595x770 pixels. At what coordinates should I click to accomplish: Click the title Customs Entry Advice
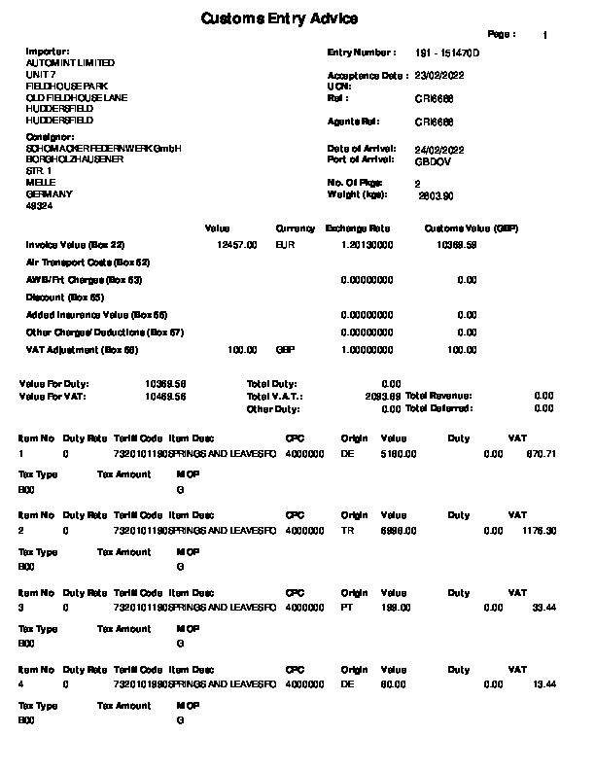(279, 19)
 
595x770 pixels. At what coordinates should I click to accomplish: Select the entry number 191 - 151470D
(447, 52)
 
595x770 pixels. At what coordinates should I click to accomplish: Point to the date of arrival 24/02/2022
(438, 149)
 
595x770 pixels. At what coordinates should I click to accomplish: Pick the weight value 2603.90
(436, 195)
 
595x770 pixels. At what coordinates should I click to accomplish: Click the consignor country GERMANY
(43, 194)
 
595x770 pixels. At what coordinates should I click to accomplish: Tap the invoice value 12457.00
(237, 246)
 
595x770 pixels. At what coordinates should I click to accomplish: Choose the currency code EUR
(285, 246)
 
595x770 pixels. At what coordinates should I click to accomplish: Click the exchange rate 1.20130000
(367, 246)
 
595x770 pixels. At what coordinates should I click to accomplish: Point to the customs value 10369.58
(457, 246)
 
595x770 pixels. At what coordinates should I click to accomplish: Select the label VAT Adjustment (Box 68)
(83, 350)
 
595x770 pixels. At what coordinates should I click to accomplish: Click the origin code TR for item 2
(346, 531)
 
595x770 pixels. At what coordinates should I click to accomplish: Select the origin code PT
(346, 608)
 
